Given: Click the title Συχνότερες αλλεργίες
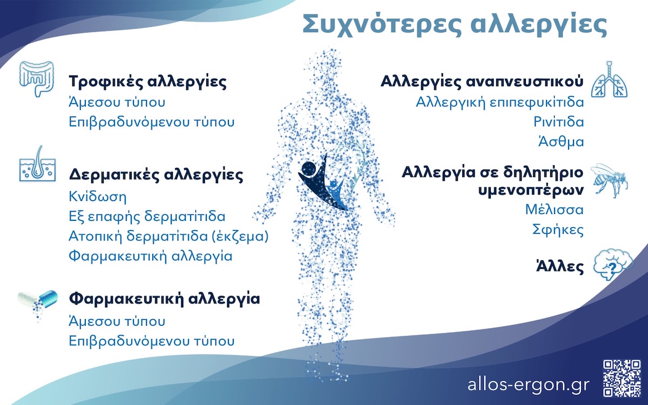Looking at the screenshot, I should coord(454,25).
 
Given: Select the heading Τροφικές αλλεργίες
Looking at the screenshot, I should coord(147,83).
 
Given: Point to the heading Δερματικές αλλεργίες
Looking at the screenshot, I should coord(156,175).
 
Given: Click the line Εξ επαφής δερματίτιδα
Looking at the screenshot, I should coord(147,216).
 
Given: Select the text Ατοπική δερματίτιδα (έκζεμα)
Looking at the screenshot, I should coord(169,236).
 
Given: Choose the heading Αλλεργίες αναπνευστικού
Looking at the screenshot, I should coord(482,82).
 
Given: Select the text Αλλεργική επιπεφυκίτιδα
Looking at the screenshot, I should coord(500,102).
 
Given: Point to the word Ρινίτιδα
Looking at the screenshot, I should coord(558,122).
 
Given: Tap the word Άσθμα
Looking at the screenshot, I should coord(561,142).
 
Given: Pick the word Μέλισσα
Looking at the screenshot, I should coord(555,210).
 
